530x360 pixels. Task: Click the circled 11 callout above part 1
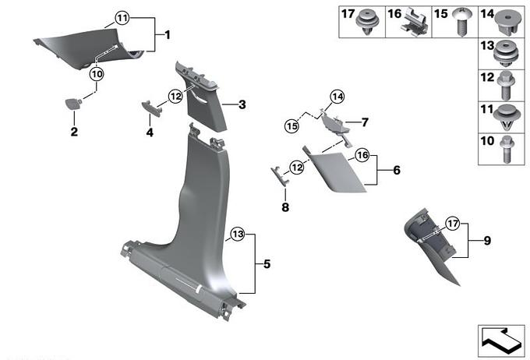[x=122, y=18]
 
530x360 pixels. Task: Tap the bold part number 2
[x=74, y=132]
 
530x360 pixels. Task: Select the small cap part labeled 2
[x=73, y=104]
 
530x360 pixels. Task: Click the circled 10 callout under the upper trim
[x=97, y=74]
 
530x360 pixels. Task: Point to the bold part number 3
[x=242, y=104]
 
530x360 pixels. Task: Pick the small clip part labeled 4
[x=150, y=108]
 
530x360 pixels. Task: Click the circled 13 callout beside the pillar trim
[x=238, y=234]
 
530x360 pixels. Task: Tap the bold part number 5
[x=267, y=263]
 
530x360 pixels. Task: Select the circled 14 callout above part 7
[x=337, y=97]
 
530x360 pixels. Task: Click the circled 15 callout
[x=291, y=126]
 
